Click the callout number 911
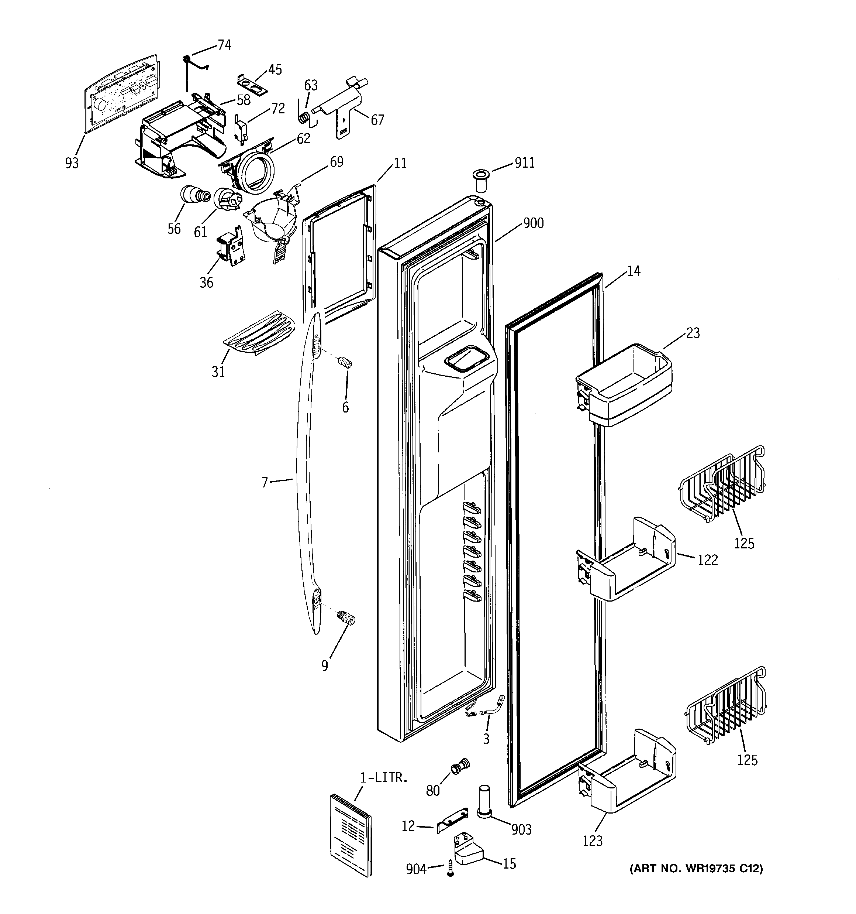[524, 163]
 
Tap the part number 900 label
[533, 223]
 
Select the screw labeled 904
[450, 869]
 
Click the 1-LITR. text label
[384, 777]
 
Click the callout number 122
[708, 560]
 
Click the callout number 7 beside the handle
[265, 483]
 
